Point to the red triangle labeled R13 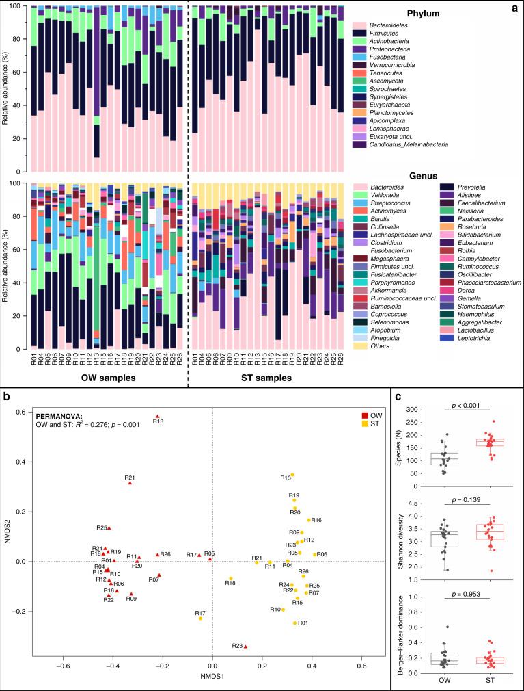(157, 416)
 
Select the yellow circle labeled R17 (200, 618)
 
